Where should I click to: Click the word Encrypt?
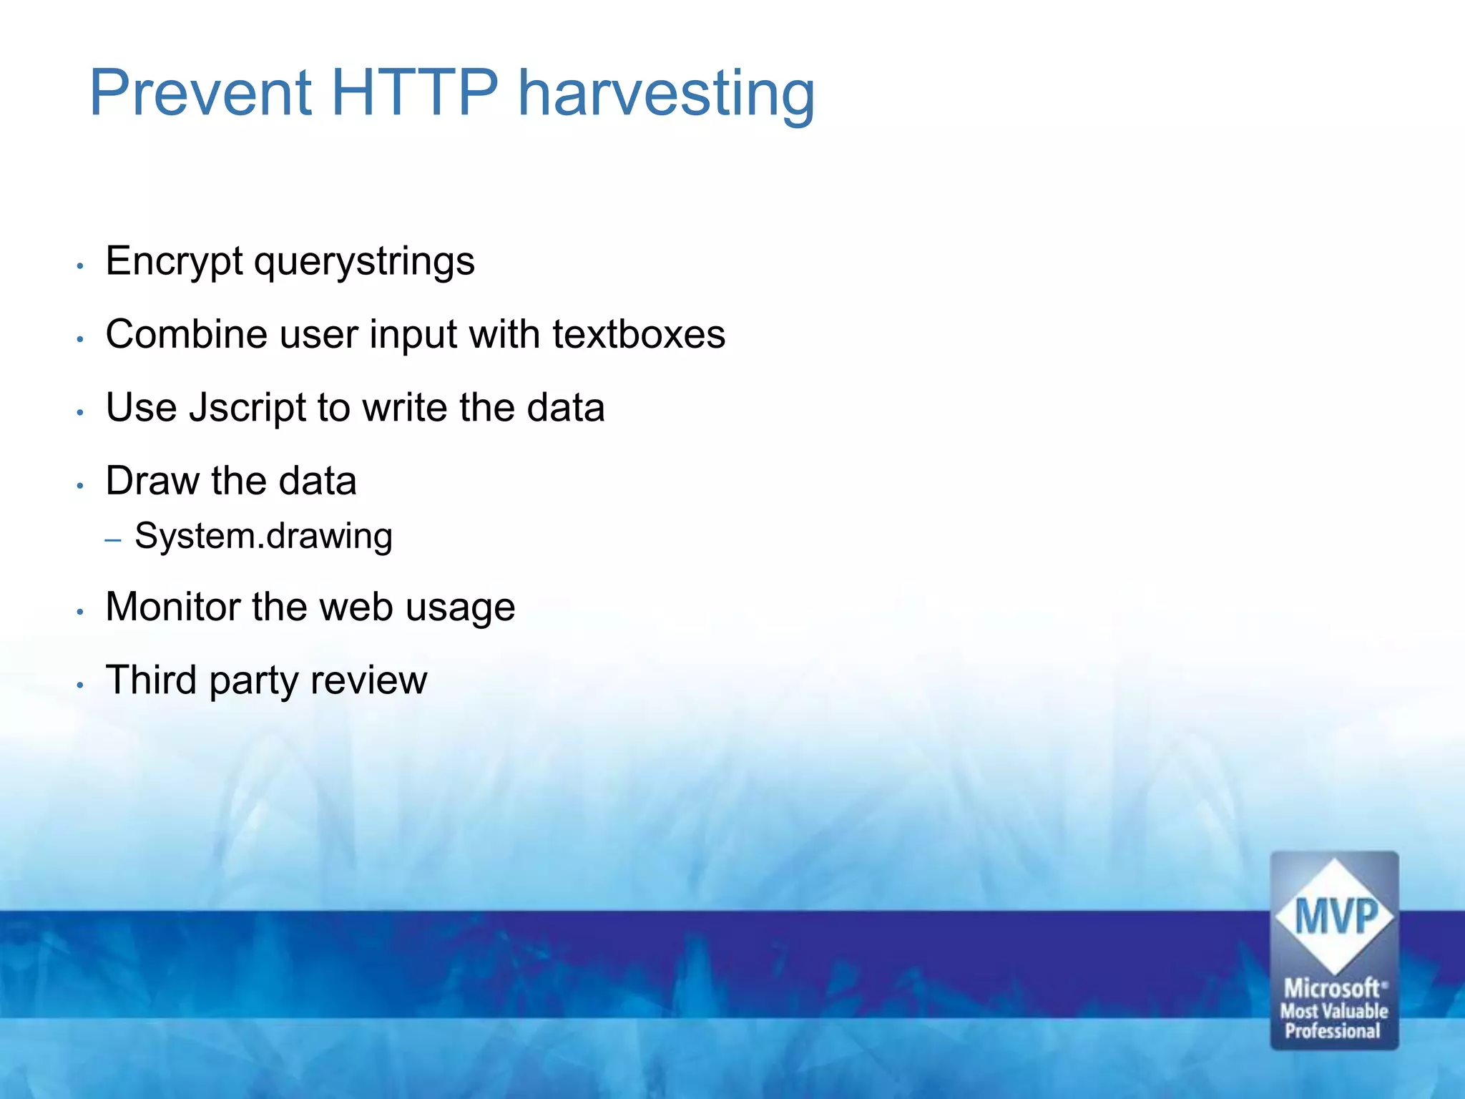[x=174, y=262]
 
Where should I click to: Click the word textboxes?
[x=638, y=334]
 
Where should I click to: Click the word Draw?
[x=152, y=480]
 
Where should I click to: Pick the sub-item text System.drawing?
[x=263, y=537]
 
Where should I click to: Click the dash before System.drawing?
[x=112, y=540]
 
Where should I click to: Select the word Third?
[x=151, y=680]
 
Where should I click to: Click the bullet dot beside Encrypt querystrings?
[x=81, y=266]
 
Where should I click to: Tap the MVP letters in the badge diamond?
[x=1335, y=917]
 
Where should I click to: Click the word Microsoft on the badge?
[x=1332, y=989]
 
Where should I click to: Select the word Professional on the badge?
[x=1332, y=1032]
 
